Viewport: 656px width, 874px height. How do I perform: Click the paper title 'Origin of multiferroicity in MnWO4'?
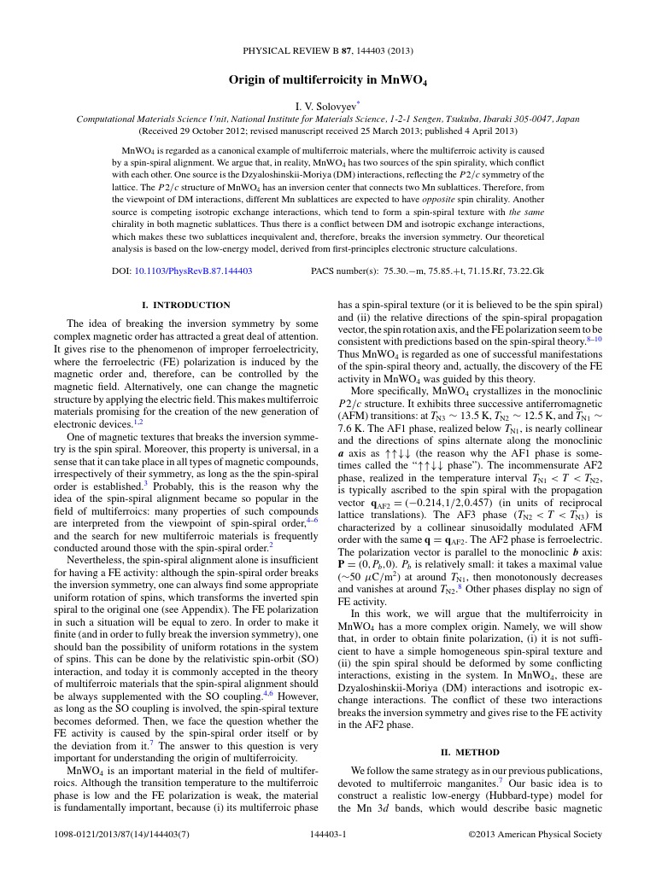click(x=327, y=80)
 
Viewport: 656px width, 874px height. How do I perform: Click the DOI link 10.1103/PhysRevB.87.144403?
click(x=193, y=271)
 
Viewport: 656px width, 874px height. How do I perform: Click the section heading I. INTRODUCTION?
click(x=185, y=305)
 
